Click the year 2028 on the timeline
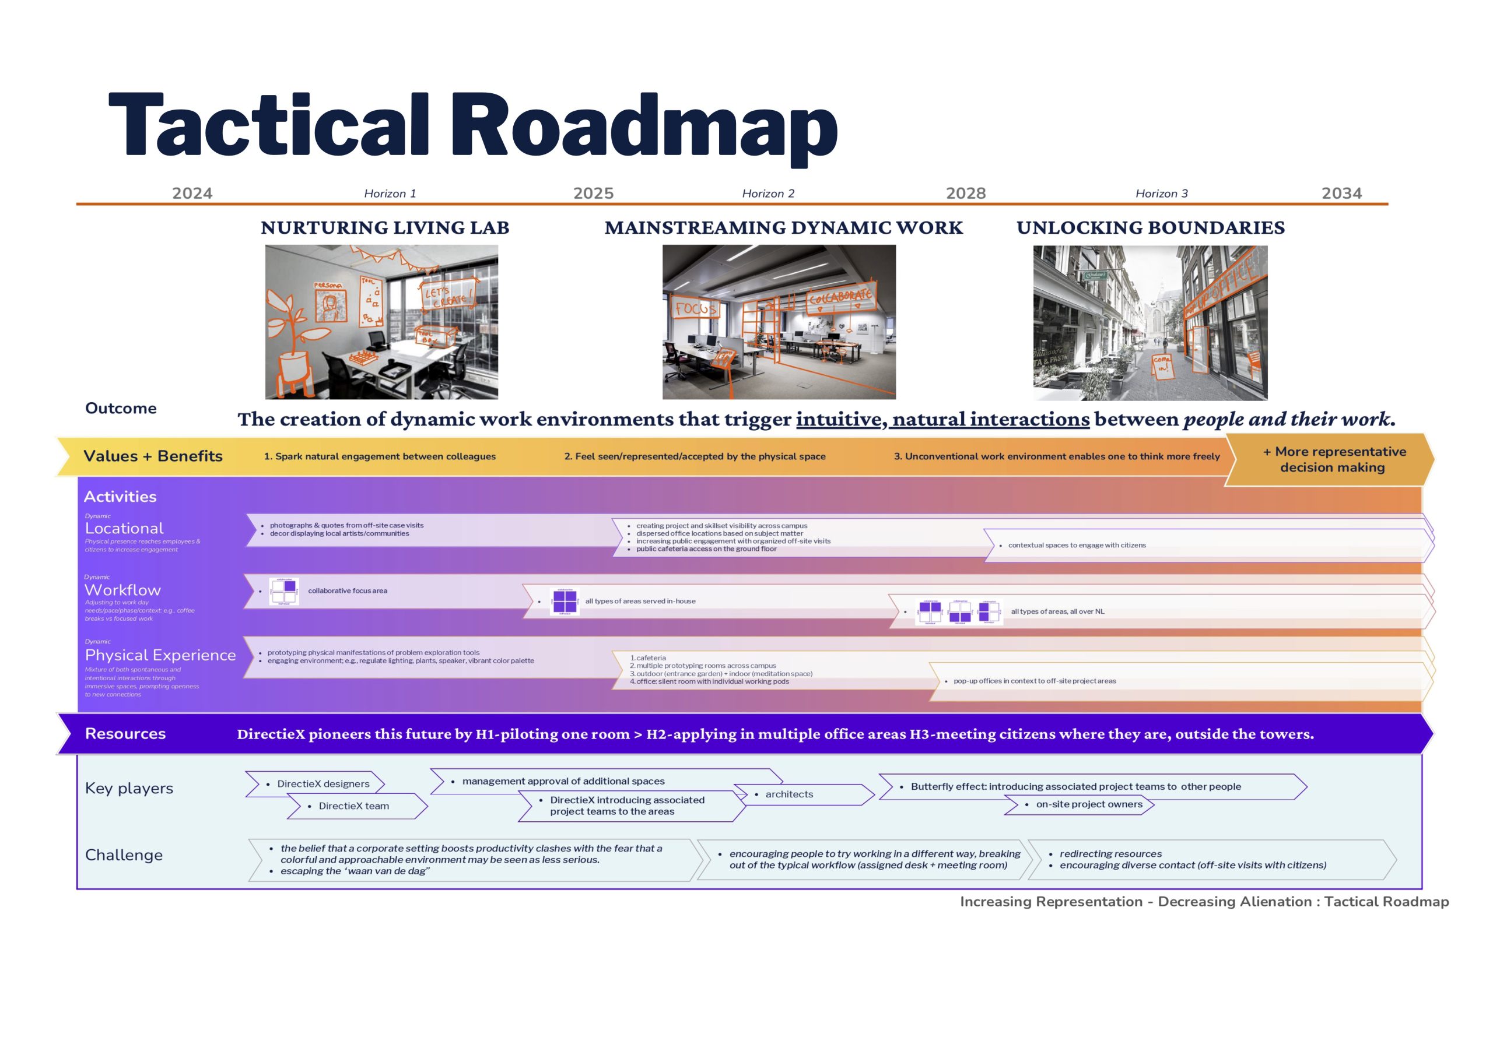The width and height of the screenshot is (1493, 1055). point(966,193)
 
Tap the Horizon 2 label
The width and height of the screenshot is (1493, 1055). point(768,194)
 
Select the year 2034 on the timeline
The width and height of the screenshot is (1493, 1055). point(1341,193)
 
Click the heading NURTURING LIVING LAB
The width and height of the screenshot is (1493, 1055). point(385,227)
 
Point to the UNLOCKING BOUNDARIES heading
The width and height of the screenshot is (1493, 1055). point(1150,227)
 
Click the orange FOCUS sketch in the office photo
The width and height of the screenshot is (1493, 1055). point(695,308)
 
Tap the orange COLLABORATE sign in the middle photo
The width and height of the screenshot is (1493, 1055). point(840,297)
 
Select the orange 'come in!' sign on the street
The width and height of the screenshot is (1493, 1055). point(1161,365)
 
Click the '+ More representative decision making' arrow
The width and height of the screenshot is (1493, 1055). point(1333,459)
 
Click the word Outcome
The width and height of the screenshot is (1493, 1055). point(121,408)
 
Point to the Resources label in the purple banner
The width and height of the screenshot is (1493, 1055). point(125,733)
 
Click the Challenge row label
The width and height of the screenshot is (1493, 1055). point(124,855)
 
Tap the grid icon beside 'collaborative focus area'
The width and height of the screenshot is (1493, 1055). point(284,591)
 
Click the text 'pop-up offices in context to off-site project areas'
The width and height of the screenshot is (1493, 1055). point(1034,681)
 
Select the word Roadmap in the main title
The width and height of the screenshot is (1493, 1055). point(644,125)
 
